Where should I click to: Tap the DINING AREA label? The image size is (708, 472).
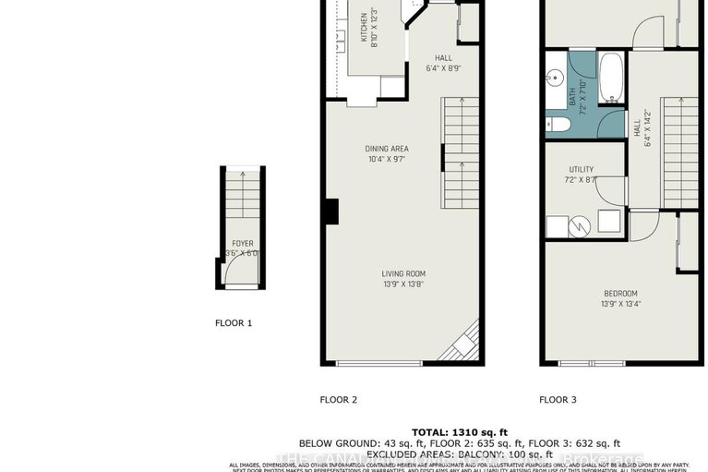[x=388, y=149]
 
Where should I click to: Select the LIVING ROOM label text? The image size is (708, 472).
[x=404, y=273]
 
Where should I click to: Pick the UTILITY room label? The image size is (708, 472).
[x=582, y=169]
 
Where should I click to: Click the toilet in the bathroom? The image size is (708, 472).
[x=558, y=125]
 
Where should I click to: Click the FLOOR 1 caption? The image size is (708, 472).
[x=233, y=323]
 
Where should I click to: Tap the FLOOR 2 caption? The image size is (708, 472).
[x=338, y=400]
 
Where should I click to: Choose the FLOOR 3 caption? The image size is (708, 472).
[x=558, y=400]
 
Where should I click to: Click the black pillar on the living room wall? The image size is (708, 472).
[x=330, y=212]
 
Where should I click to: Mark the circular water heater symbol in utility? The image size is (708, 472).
[x=573, y=225]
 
